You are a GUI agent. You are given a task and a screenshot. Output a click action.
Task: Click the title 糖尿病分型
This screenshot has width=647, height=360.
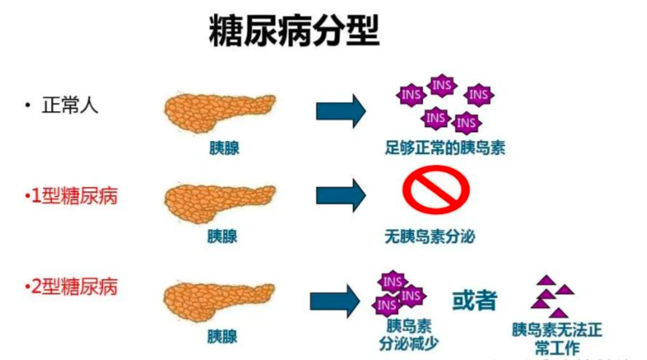[x=294, y=32]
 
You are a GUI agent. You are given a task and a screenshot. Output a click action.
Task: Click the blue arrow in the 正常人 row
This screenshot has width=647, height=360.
[x=340, y=110]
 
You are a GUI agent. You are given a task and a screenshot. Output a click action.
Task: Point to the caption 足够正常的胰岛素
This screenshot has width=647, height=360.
[x=445, y=149]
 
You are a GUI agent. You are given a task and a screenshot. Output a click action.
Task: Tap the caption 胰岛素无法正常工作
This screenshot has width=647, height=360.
[x=557, y=337]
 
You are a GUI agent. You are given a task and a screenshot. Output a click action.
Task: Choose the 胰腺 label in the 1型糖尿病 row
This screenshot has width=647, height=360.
[x=222, y=237]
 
